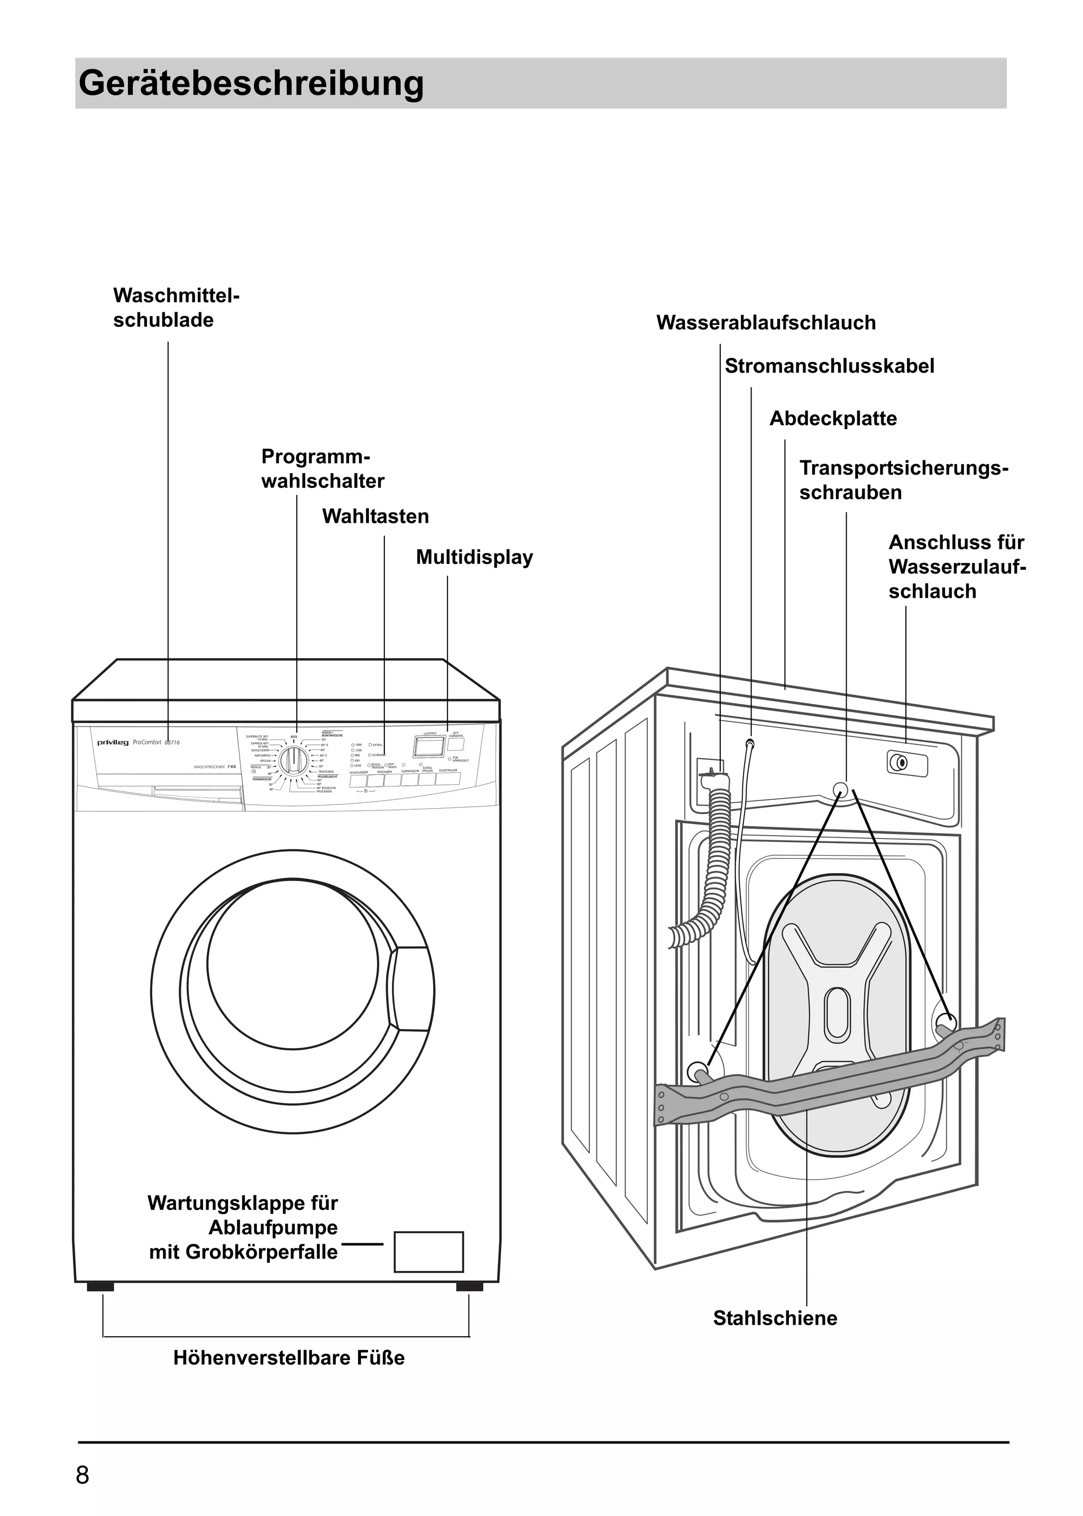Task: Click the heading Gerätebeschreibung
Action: [x=251, y=84]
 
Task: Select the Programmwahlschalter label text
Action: [x=322, y=469]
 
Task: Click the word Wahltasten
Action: [x=375, y=516]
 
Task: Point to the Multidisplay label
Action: [x=474, y=557]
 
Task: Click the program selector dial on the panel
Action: [x=293, y=760]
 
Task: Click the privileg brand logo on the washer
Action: [x=113, y=743]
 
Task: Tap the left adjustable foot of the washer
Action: [x=100, y=1287]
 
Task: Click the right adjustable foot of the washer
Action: [x=470, y=1287]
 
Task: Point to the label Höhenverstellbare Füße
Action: [x=289, y=1358]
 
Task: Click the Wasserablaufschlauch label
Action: [x=766, y=322]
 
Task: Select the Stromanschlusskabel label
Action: [x=829, y=366]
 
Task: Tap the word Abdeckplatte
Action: [x=833, y=419]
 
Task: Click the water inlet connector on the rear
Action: [x=902, y=762]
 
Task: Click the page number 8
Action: [x=82, y=1475]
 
